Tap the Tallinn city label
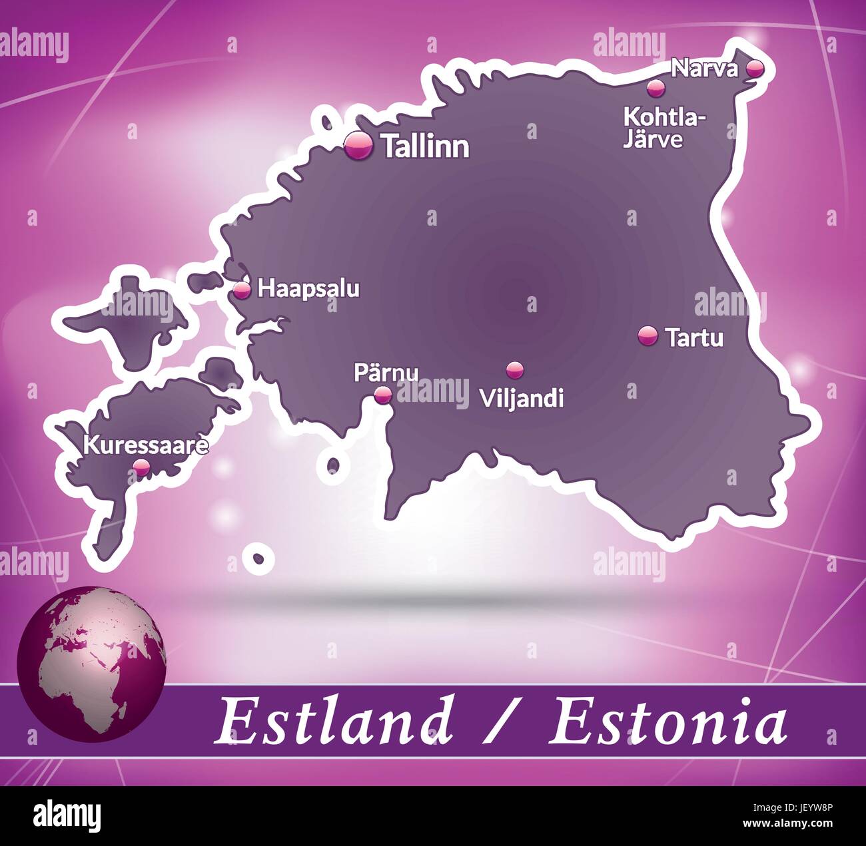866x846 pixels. click(x=426, y=146)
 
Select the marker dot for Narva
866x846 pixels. click(x=755, y=67)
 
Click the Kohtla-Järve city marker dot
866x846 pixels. click(x=655, y=88)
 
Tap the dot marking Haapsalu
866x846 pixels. click(x=242, y=289)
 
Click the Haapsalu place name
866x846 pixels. click(x=308, y=289)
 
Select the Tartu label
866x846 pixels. click(x=694, y=337)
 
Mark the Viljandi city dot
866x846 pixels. click(x=514, y=369)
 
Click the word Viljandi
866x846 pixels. click(x=522, y=398)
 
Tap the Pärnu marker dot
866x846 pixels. click(x=382, y=395)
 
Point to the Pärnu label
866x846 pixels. click(x=386, y=371)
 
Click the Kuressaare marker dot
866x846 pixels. click(x=141, y=467)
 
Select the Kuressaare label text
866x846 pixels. click(x=145, y=445)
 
